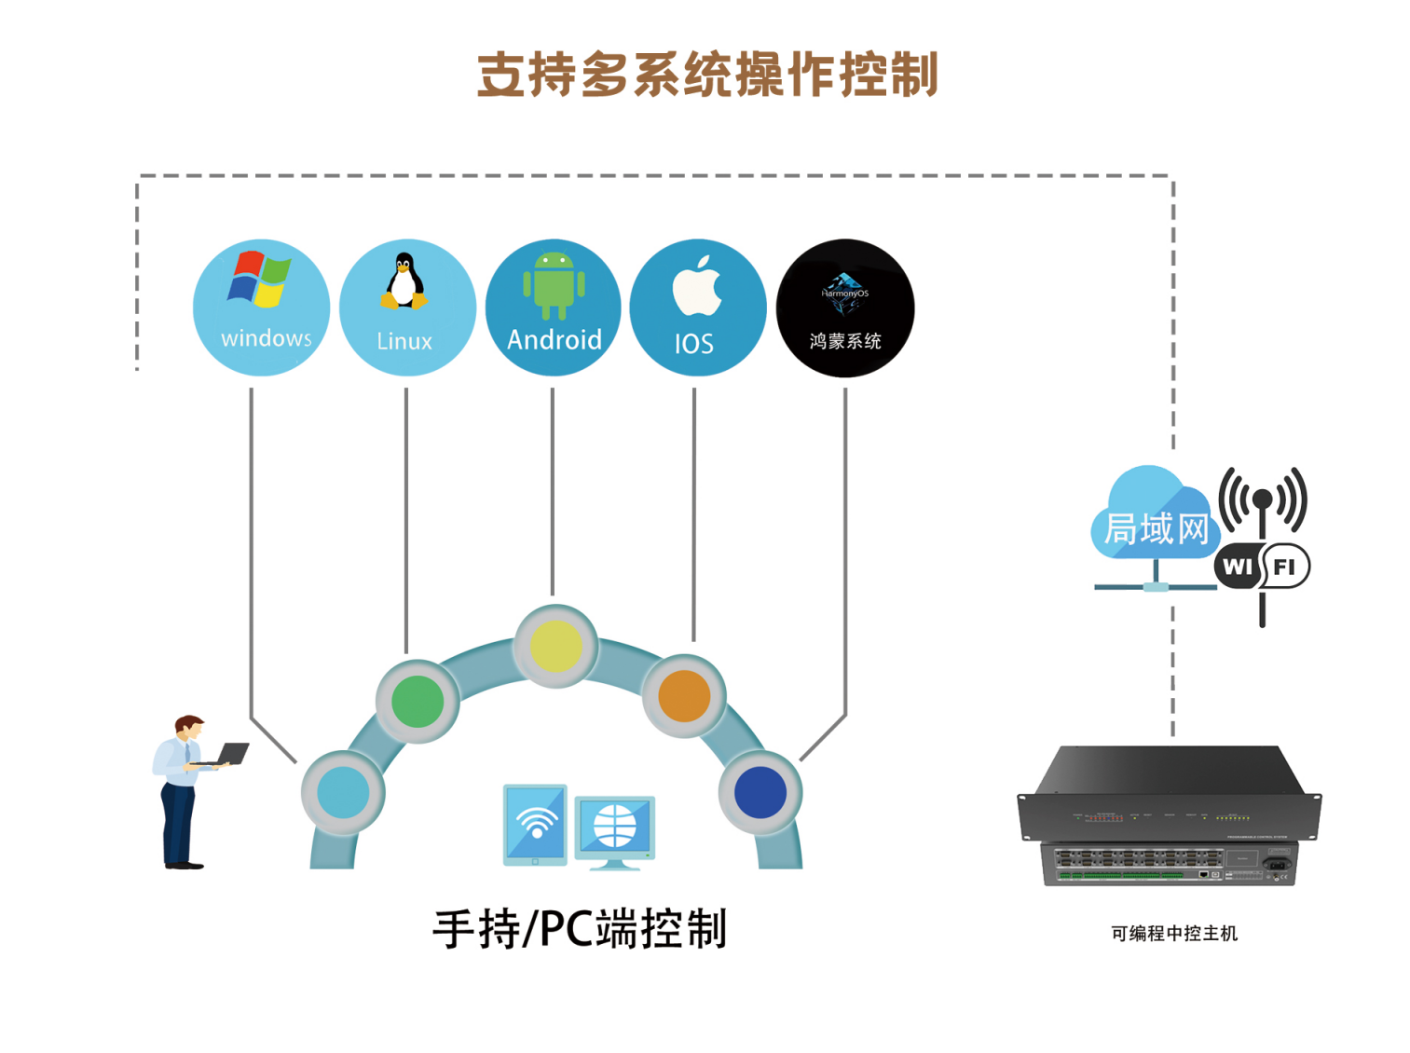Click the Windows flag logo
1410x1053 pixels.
(258, 280)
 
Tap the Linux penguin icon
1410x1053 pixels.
(404, 281)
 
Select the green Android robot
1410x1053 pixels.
(554, 284)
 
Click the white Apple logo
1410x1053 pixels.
(697, 286)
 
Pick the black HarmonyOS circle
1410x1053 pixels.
(844, 308)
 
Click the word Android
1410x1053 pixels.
(554, 340)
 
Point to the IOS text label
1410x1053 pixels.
(693, 345)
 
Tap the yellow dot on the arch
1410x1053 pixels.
(555, 646)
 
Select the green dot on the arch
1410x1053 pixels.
(418, 702)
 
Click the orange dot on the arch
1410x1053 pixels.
(684, 696)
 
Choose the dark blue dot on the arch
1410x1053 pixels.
(760, 792)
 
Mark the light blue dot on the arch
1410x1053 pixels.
(343, 793)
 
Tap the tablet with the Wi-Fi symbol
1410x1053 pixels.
(535, 824)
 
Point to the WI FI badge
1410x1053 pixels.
(1262, 567)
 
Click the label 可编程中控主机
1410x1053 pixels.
(1173, 934)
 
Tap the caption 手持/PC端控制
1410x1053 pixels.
(580, 929)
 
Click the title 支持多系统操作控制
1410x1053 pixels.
(706, 75)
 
